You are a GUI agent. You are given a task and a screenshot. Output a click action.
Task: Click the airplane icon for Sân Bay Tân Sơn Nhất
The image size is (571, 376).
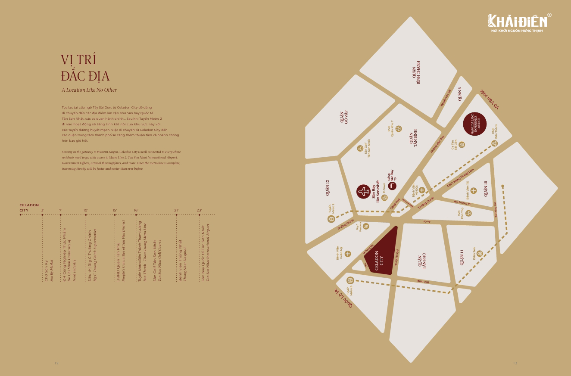click(363, 191)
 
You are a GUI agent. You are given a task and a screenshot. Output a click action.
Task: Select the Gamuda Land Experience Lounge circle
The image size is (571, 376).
click(474, 125)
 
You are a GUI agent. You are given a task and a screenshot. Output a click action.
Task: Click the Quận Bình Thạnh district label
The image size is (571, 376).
click(415, 72)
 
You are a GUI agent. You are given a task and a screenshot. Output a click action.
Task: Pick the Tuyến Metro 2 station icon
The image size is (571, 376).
click(331, 219)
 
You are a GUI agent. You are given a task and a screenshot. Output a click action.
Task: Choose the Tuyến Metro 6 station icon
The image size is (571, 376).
click(350, 280)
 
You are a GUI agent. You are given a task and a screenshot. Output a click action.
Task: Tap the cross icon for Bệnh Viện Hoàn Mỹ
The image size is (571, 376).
click(348, 254)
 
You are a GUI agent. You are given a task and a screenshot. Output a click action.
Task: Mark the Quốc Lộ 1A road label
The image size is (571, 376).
click(343, 298)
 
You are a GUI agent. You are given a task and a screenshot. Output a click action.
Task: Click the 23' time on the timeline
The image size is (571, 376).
click(199, 210)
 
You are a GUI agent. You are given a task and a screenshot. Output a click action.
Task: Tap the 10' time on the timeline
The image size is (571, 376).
click(86, 210)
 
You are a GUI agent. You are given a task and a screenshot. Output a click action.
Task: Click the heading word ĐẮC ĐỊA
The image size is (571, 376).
click(85, 76)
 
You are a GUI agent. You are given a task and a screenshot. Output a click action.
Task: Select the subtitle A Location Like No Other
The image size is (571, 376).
click(89, 90)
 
